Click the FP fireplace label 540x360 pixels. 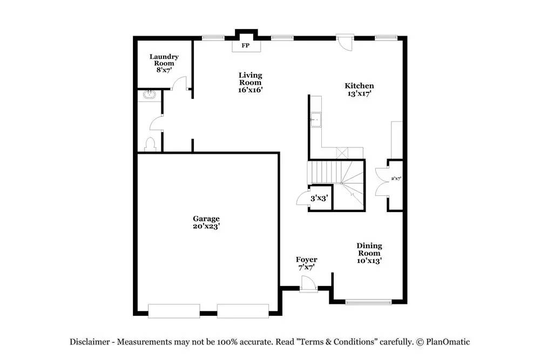[x=245, y=45]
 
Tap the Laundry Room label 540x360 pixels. [x=164, y=60]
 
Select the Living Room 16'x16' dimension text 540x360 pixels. [x=251, y=90]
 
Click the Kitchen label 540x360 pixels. [x=359, y=86]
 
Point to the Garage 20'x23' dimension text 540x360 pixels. [x=206, y=226]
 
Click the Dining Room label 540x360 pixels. [x=369, y=249]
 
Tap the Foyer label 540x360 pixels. [x=306, y=260]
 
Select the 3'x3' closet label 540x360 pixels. [x=319, y=198]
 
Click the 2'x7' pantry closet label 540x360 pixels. [x=396, y=179]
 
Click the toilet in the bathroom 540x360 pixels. [x=151, y=145]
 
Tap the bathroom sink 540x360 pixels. [x=150, y=96]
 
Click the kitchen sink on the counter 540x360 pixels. [x=315, y=120]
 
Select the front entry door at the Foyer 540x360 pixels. [x=308, y=284]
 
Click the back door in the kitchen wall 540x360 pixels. [x=345, y=42]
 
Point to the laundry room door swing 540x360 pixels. [x=179, y=83]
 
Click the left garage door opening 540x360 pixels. [x=174, y=311]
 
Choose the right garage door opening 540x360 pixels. [x=243, y=311]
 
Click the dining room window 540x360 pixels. [x=368, y=302]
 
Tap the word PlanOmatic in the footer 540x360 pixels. [x=448, y=342]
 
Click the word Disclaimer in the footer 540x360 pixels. [x=90, y=342]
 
